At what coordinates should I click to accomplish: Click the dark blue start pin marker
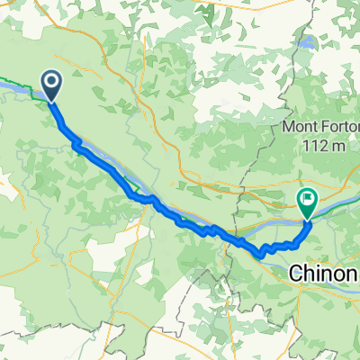(x=51, y=85)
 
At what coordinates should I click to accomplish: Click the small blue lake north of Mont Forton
(x=309, y=42)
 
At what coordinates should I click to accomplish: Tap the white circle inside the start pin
(x=51, y=84)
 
